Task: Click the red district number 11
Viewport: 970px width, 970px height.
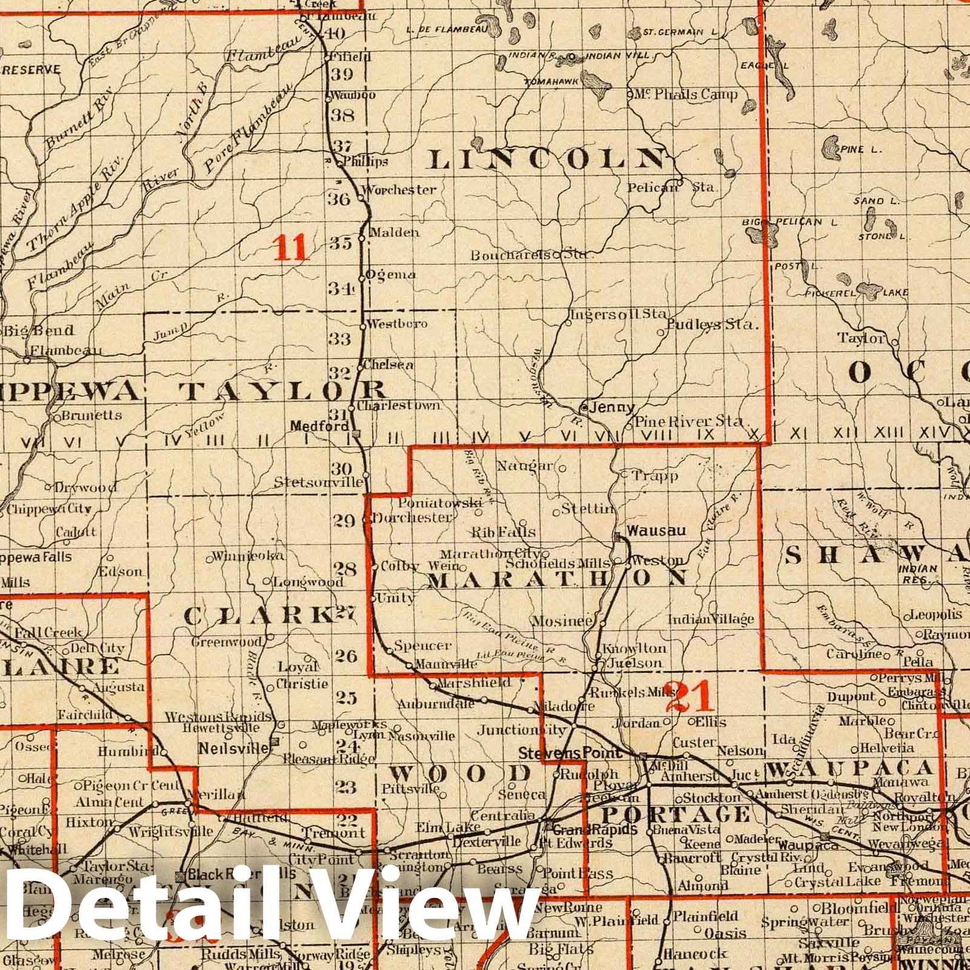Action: click(292, 247)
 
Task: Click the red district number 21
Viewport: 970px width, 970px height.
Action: click(691, 697)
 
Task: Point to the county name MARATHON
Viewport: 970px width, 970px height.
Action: click(558, 579)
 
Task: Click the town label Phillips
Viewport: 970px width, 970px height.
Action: click(365, 162)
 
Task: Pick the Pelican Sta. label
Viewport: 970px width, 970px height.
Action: click(671, 187)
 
